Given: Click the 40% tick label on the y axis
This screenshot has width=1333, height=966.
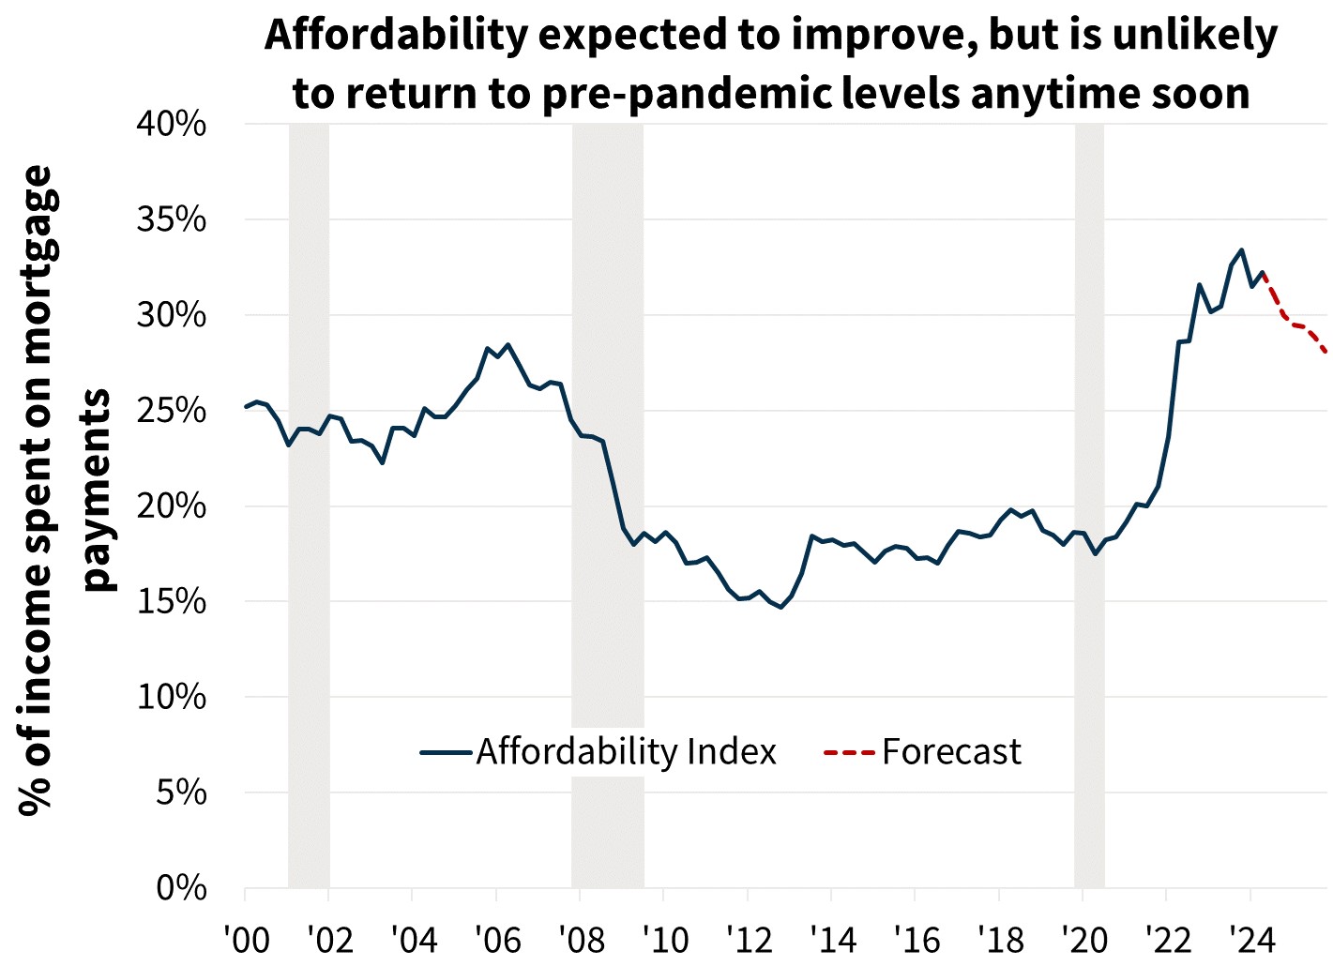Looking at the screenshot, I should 172,124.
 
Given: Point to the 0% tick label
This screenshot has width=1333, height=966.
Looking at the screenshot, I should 181,887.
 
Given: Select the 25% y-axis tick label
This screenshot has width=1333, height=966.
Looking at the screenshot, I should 172,411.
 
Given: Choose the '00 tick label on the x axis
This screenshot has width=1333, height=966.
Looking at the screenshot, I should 246,939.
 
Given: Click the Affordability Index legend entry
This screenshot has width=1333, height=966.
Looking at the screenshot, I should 626,752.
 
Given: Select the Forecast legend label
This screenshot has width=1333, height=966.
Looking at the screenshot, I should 951,752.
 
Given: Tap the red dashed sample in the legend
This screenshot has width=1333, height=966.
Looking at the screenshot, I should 849,752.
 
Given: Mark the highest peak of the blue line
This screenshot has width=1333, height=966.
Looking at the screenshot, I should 1242,250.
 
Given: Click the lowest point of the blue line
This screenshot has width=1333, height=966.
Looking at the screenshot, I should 780,608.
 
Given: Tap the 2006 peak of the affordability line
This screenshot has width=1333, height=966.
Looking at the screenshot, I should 507,344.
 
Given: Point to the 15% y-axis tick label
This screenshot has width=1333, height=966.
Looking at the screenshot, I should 172,601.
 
